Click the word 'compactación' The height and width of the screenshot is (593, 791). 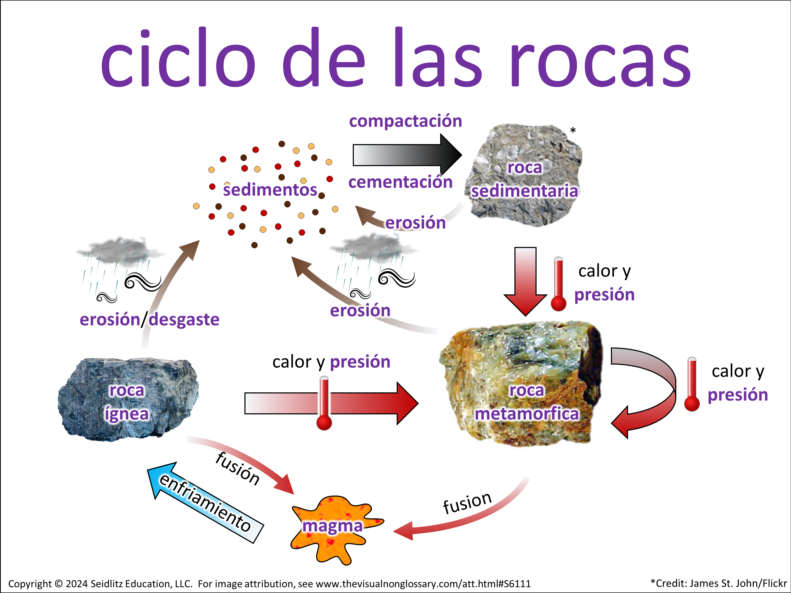405,121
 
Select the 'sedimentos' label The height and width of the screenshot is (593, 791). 270,190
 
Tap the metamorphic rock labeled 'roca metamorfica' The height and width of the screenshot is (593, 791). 522,382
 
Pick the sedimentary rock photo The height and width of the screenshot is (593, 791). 524,175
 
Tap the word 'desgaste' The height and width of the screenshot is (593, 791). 184,319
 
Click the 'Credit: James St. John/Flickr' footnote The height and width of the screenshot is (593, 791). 719,583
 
